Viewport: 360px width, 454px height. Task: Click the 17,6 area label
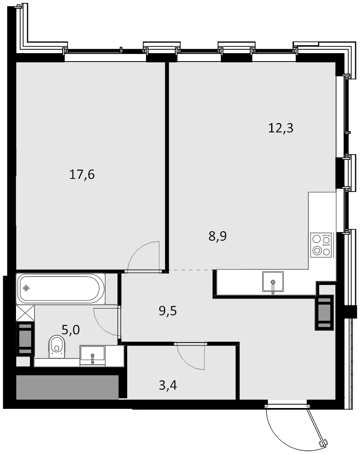(x=82, y=175)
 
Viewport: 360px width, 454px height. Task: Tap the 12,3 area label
(x=280, y=128)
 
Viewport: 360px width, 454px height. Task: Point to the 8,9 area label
(x=217, y=236)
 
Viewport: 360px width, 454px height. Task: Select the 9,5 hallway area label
(x=168, y=311)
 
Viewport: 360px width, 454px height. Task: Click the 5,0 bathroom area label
(x=71, y=330)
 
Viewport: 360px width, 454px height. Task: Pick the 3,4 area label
(x=168, y=385)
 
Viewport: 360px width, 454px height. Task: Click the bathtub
(x=60, y=289)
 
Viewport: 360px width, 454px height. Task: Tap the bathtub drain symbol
(x=26, y=288)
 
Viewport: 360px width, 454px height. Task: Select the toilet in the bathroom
(x=57, y=346)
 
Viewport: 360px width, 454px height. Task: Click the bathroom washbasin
(x=92, y=356)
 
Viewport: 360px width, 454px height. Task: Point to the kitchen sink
(x=273, y=282)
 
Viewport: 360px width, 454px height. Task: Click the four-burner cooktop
(x=321, y=245)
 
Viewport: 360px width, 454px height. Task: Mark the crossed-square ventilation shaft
(x=25, y=313)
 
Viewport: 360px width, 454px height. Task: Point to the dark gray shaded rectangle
(x=68, y=387)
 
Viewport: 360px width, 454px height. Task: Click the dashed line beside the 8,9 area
(x=190, y=270)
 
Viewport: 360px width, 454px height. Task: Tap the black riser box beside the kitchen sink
(x=325, y=313)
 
